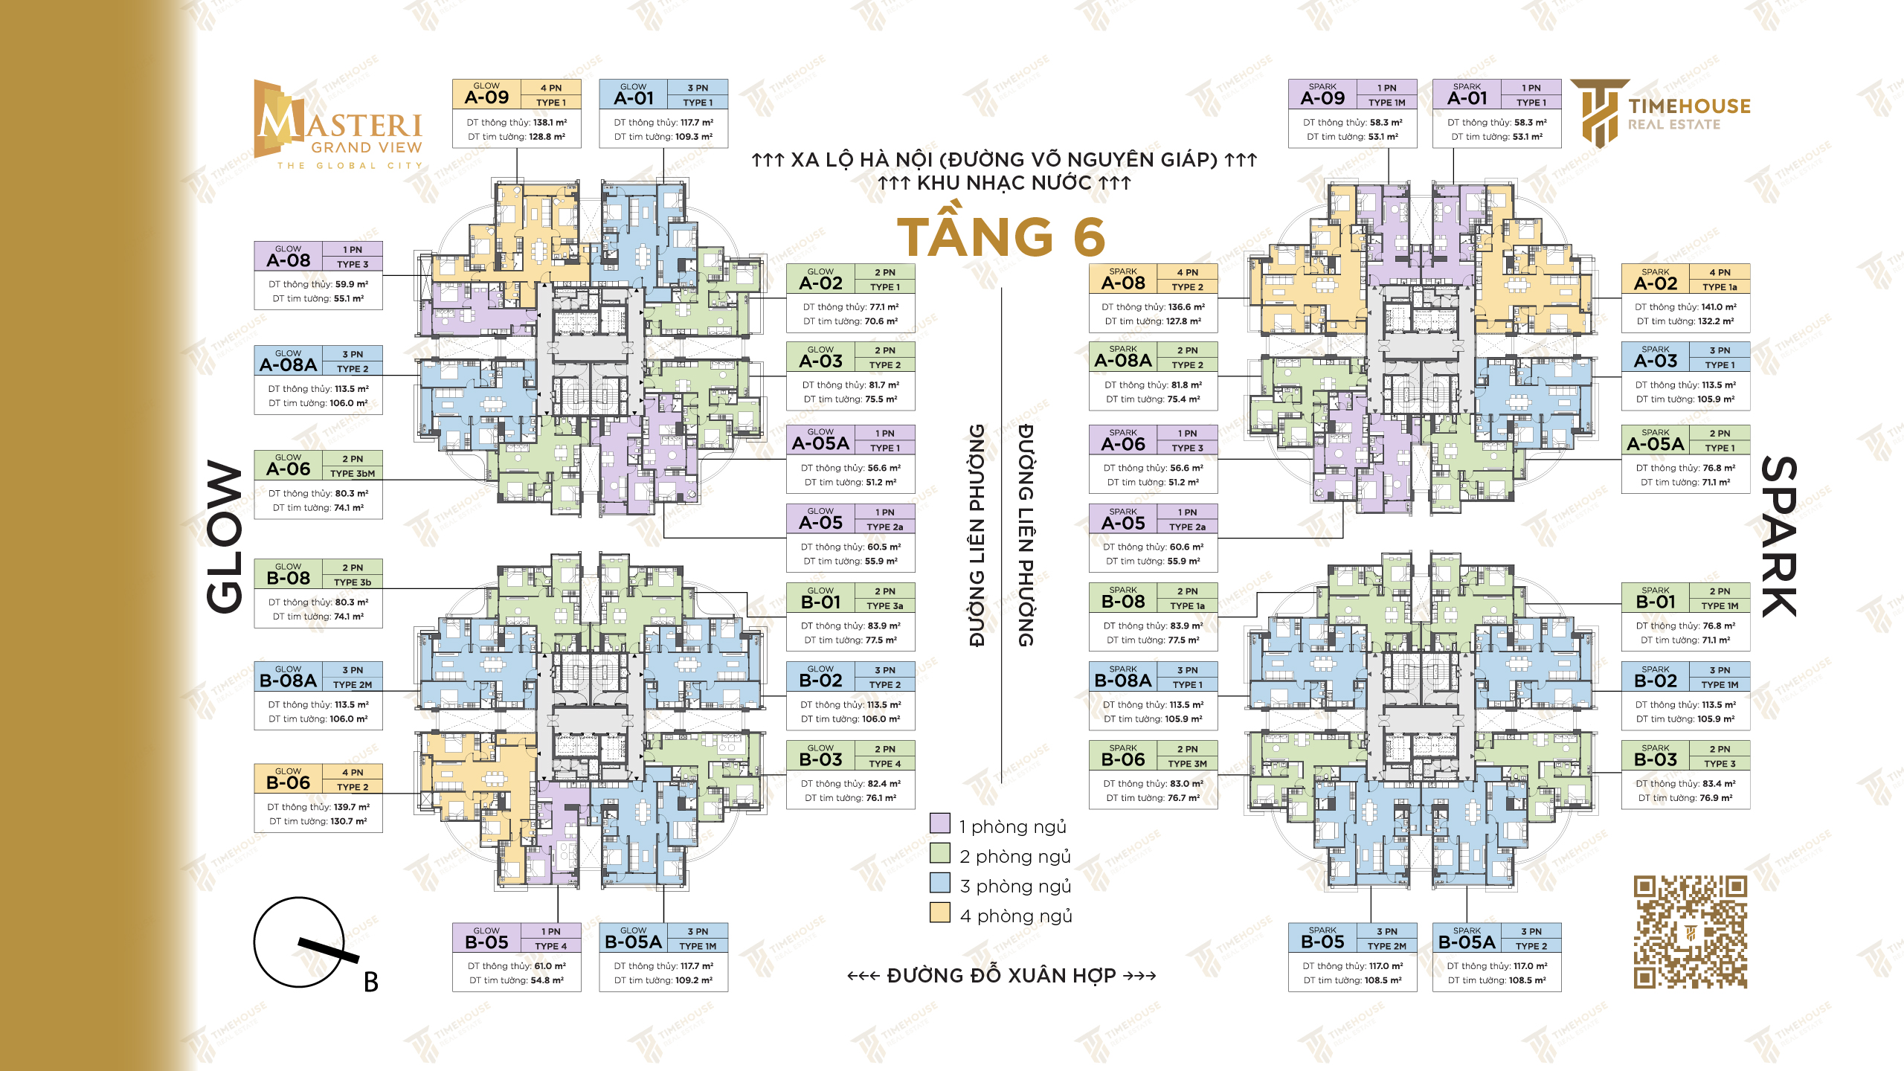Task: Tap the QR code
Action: click(1690, 932)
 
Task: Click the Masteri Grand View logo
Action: click(338, 125)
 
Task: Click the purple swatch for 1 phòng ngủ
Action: click(940, 823)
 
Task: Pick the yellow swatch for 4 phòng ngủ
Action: click(940, 913)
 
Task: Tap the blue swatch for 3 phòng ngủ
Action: click(940, 883)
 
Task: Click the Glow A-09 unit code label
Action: click(486, 97)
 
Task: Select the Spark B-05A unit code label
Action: click(1467, 942)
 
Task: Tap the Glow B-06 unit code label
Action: click(288, 783)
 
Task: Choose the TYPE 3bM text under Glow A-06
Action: click(353, 474)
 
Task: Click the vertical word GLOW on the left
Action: click(225, 537)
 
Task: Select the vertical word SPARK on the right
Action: click(1778, 536)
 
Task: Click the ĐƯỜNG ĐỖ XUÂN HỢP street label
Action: click(1001, 975)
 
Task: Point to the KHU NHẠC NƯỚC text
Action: click(1004, 183)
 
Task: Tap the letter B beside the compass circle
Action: click(370, 982)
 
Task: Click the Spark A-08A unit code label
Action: click(1123, 361)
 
